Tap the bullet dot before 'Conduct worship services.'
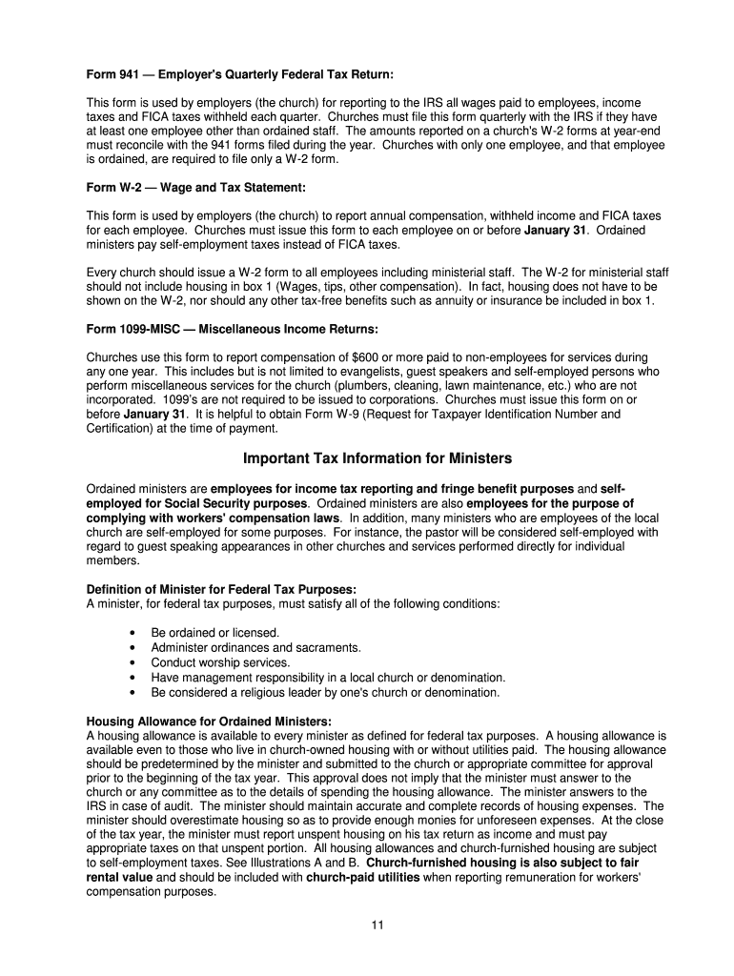pyautogui.click(x=131, y=662)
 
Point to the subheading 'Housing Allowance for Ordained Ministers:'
pyautogui.click(x=209, y=721)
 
